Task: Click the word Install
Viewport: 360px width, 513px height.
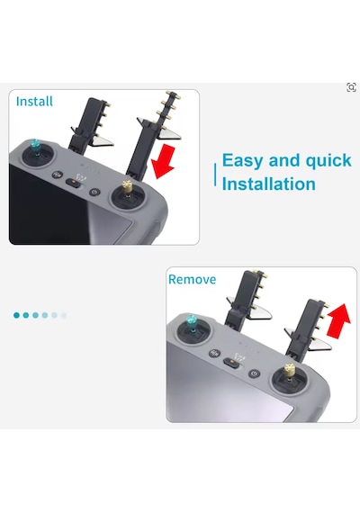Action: coord(34,101)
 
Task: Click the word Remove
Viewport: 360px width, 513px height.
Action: coord(192,279)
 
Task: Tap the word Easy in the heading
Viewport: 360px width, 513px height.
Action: coord(242,160)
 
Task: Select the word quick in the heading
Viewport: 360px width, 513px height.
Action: coord(328,160)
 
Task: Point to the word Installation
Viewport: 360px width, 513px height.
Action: coord(269,184)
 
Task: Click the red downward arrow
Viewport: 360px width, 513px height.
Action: coord(164,161)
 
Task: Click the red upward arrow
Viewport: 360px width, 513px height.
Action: coord(338,319)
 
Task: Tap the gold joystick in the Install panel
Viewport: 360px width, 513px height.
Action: coord(126,189)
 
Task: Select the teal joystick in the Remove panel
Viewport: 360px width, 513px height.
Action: coord(192,322)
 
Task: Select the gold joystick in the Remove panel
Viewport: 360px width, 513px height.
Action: coord(289,371)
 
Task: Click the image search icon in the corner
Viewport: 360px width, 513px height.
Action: coord(351,87)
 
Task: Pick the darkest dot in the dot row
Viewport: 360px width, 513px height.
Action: coord(16,315)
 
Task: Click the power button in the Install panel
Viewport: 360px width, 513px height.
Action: coord(94,192)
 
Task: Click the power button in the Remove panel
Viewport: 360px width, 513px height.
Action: coord(255,373)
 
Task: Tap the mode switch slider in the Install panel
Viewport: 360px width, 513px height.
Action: coord(74,182)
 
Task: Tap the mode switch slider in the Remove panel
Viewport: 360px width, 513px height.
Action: coord(231,362)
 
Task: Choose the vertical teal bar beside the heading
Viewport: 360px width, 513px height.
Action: coord(215,175)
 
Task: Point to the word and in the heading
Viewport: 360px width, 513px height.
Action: coord(283,160)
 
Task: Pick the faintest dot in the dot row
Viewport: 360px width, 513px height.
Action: coord(64,315)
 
